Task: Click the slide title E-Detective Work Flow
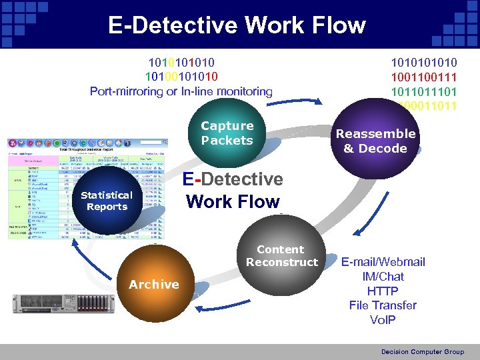pyautogui.click(x=237, y=25)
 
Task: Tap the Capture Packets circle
pyautogui.click(x=227, y=133)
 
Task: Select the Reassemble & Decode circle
pyautogui.click(x=375, y=141)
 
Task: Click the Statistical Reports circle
pyautogui.click(x=107, y=201)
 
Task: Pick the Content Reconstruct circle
pyautogui.click(x=282, y=256)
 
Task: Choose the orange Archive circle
pyautogui.click(x=154, y=284)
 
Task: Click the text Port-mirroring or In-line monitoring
pyautogui.click(x=181, y=91)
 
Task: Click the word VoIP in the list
pyautogui.click(x=383, y=320)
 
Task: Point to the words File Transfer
pyautogui.click(x=383, y=305)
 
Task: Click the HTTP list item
pyautogui.click(x=383, y=291)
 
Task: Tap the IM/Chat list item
pyautogui.click(x=383, y=276)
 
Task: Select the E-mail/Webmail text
pyautogui.click(x=383, y=261)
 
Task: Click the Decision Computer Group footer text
pyautogui.click(x=422, y=351)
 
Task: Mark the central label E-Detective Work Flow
pyautogui.click(x=233, y=190)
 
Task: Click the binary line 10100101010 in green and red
pyautogui.click(x=181, y=77)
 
